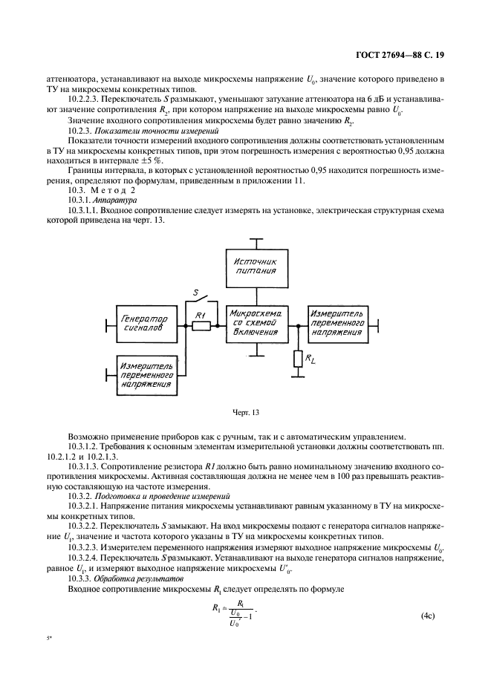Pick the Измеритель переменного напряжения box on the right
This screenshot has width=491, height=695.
click(337, 324)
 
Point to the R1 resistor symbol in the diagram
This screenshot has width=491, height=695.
click(200, 325)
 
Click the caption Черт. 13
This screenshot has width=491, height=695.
click(245, 411)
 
